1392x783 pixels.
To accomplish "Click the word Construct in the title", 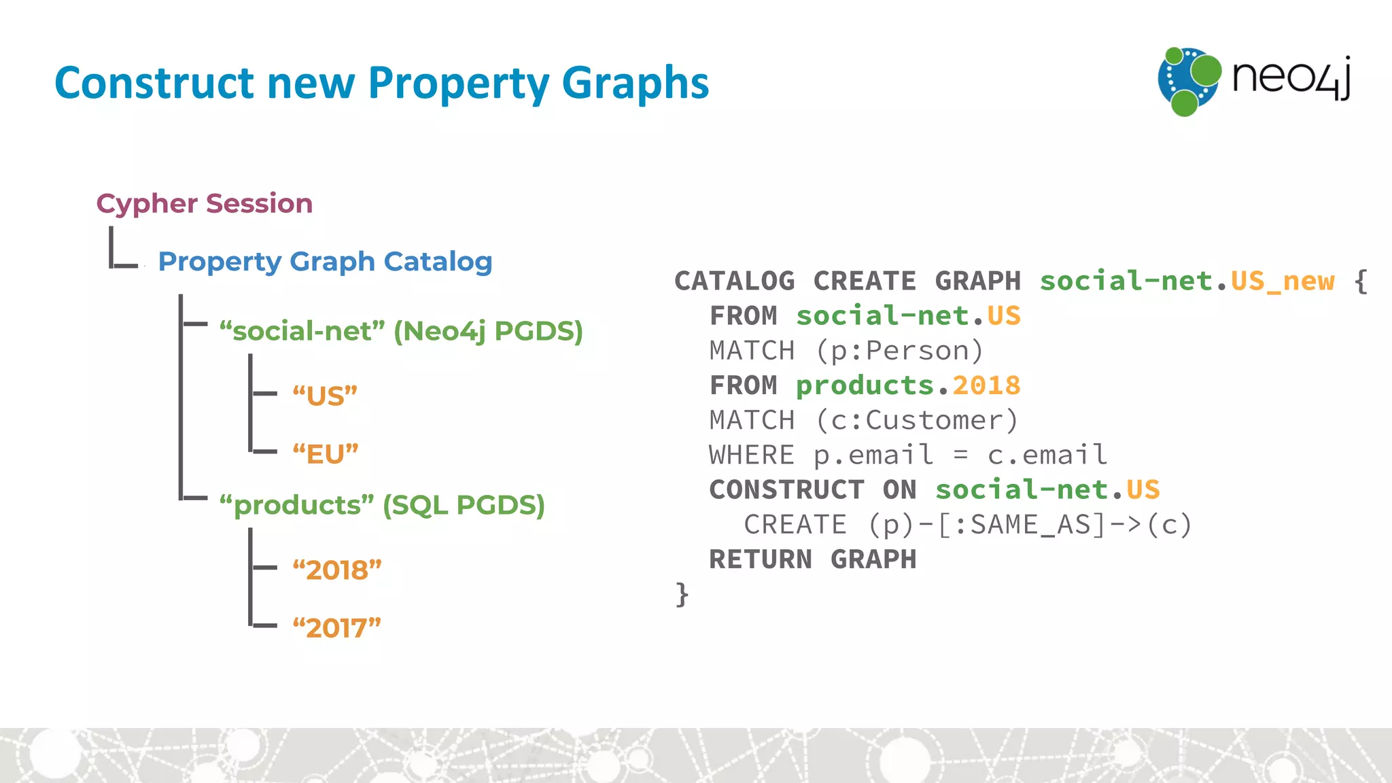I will coord(154,84).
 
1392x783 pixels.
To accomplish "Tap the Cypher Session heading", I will coord(204,203).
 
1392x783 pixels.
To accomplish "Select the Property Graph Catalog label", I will coord(325,262).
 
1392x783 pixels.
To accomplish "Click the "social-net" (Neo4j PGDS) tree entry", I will coord(401,331).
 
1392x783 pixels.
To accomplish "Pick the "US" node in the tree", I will coord(325,396).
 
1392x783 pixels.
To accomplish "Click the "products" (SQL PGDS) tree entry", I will coord(382,505).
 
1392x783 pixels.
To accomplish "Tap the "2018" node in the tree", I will coord(336,570).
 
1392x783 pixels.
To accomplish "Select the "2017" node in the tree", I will coord(336,628).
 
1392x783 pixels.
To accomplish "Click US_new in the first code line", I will coord(1283,281).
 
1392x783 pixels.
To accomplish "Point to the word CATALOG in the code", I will coord(734,281).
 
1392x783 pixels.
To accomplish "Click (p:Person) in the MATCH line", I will coord(899,351).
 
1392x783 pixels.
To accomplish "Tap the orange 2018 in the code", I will coord(986,385).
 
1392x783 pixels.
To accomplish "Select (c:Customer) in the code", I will coord(916,420).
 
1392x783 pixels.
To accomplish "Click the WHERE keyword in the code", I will coord(751,455).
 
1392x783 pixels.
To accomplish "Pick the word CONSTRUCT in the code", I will coord(786,489).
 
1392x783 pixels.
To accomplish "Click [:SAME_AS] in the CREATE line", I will coord(1022,525).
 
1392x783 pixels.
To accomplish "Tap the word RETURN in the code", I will coord(761,559).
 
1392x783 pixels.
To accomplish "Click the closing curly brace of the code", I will coord(682,594).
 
